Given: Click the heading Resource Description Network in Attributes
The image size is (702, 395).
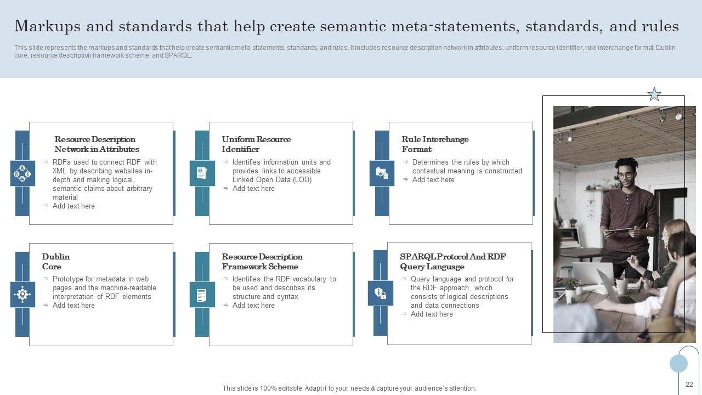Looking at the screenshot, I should point(97,144).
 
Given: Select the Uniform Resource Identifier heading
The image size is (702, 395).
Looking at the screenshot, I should point(256,144).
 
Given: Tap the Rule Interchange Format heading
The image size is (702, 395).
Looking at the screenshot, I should point(435,144).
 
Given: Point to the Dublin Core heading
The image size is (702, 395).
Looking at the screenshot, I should point(55,262).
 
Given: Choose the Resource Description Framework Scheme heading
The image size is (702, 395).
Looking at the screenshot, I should point(262,262).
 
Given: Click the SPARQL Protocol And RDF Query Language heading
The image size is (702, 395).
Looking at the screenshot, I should point(452,262).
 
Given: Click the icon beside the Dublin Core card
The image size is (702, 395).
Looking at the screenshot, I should point(22,295).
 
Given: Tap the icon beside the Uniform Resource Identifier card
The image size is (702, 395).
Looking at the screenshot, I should point(202,173).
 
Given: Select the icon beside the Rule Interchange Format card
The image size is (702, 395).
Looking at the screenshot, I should point(382,173).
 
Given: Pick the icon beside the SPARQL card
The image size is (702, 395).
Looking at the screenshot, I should point(381,293).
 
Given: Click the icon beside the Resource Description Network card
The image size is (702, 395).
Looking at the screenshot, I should point(22,173).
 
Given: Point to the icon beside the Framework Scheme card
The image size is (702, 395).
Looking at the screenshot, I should point(202,295).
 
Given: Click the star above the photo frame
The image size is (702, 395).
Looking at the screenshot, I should point(654,94).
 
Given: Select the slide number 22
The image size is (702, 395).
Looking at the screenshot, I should point(689,385).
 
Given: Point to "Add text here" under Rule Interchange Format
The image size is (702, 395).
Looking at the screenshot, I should point(433,180).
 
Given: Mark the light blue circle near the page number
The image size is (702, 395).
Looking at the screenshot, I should point(678,363).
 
